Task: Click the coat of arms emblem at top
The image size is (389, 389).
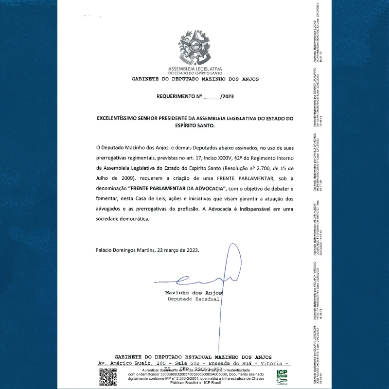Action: (x=195, y=47)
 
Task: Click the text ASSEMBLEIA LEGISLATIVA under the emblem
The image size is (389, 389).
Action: (x=195, y=69)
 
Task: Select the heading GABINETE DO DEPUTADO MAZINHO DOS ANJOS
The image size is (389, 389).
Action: (x=195, y=79)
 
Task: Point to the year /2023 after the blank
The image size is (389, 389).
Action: (x=227, y=97)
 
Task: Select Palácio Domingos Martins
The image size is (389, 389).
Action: (x=124, y=250)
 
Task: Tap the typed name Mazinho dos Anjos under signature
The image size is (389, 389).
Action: (x=193, y=293)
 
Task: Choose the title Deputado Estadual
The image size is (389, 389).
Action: (x=193, y=299)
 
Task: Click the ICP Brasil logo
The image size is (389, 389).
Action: (x=282, y=376)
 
